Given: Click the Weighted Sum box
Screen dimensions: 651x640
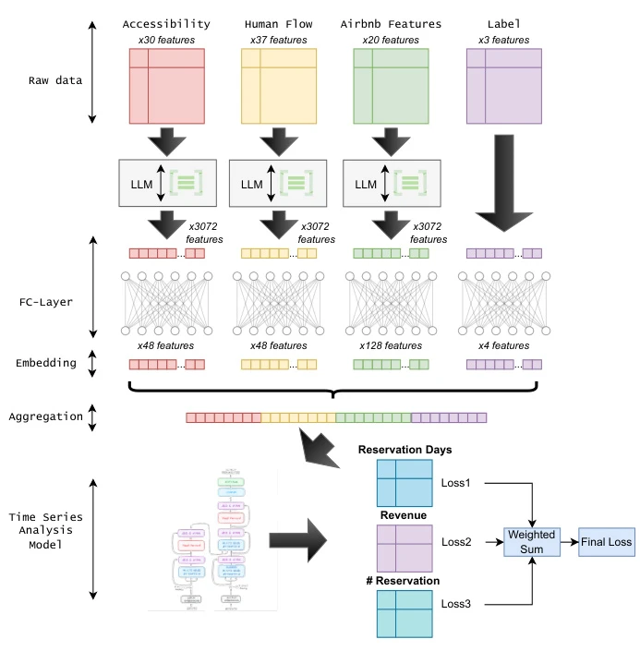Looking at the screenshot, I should pyautogui.click(x=532, y=541).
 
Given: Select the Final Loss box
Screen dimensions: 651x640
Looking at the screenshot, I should pyautogui.click(x=607, y=541).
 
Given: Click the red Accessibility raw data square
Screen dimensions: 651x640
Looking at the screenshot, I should pyautogui.click(x=166, y=86).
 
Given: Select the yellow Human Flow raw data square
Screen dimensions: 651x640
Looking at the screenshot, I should pyautogui.click(x=279, y=86).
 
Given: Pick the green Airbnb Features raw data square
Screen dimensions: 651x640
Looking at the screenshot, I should pyautogui.click(x=392, y=86).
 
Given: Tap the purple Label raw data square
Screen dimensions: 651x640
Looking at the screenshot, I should pyautogui.click(x=504, y=86).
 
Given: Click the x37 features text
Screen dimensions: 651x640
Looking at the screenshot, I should pyautogui.click(x=279, y=40).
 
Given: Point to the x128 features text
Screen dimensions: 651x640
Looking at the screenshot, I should pyautogui.click(x=391, y=345).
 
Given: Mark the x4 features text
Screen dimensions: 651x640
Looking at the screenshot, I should pyautogui.click(x=504, y=345).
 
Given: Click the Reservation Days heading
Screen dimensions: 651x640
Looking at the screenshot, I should pyautogui.click(x=405, y=449).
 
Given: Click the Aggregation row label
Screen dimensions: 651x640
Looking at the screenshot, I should pyautogui.click(x=45, y=417).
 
